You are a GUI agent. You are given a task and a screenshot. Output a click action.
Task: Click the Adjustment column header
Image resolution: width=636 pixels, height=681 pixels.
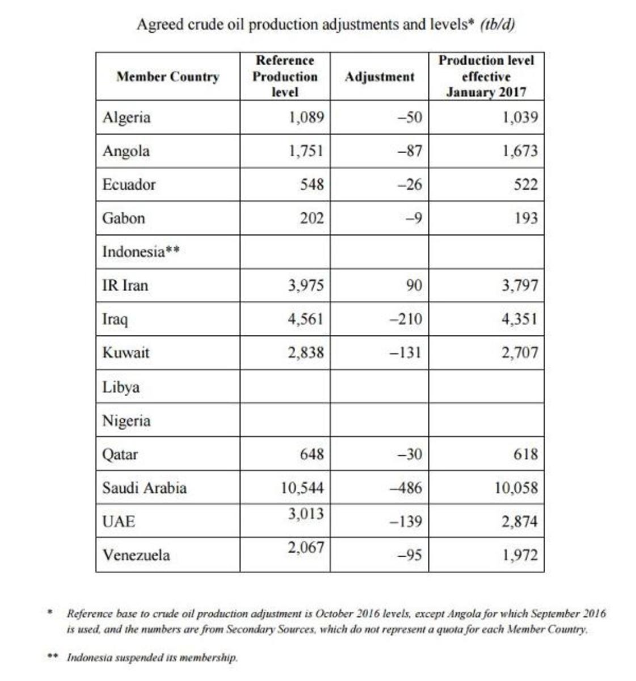click(x=380, y=77)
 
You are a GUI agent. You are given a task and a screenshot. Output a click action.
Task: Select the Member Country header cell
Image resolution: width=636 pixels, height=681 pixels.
click(x=167, y=77)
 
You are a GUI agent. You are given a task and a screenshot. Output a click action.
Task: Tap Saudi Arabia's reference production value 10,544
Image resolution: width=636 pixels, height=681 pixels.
click(x=302, y=487)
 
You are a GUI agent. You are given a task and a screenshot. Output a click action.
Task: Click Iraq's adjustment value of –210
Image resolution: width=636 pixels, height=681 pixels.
click(x=406, y=319)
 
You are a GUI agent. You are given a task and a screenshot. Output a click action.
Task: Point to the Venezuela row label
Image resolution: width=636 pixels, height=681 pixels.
click(x=136, y=554)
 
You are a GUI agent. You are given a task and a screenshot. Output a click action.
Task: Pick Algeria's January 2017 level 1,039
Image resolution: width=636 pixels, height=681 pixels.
click(x=519, y=117)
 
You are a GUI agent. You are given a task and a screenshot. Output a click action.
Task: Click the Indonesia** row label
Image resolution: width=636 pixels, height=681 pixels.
click(x=141, y=251)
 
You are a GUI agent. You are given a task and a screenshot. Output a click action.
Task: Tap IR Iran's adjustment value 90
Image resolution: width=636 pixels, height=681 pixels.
click(x=414, y=285)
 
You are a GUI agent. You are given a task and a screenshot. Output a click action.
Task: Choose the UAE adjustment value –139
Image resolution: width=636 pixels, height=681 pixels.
click(x=406, y=521)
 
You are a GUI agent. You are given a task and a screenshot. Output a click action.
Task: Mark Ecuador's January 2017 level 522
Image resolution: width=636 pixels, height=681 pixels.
click(x=525, y=184)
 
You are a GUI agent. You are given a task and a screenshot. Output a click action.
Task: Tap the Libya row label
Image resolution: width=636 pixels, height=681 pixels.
click(x=121, y=387)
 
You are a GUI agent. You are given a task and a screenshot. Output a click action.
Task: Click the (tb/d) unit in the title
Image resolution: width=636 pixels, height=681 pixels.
click(x=498, y=24)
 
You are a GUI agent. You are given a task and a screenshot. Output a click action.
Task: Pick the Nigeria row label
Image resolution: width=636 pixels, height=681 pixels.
click(x=126, y=421)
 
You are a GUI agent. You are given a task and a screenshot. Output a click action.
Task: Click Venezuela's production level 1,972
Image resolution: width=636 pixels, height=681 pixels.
click(x=519, y=554)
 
